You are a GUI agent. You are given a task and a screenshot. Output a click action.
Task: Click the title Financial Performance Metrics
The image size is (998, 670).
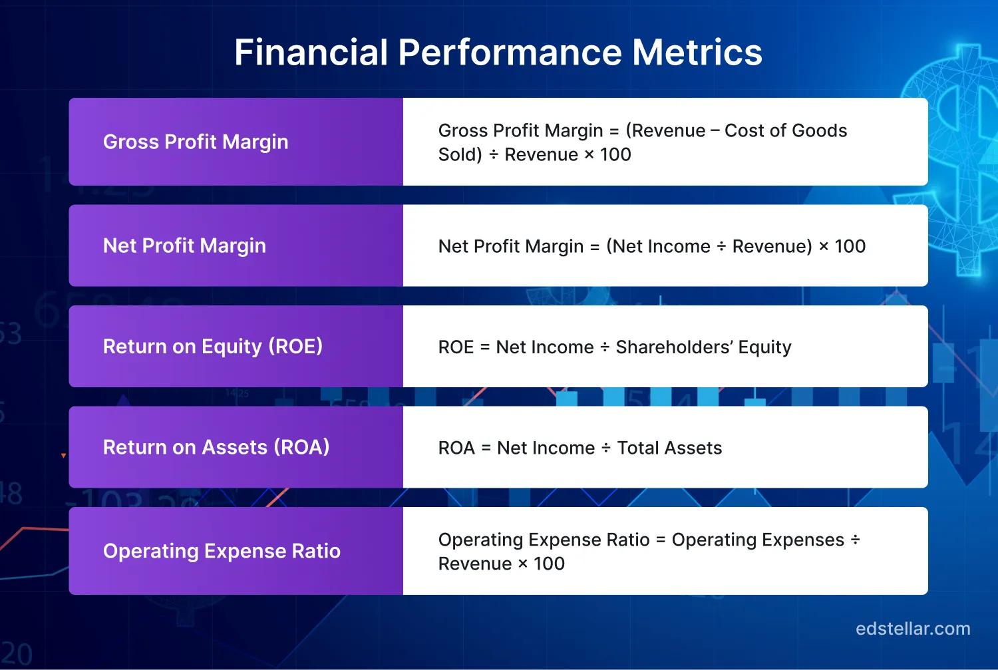tap(498, 53)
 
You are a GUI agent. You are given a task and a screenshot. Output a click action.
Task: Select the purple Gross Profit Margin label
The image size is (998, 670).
tap(196, 142)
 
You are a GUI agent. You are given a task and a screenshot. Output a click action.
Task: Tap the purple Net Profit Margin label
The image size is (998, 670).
tap(184, 246)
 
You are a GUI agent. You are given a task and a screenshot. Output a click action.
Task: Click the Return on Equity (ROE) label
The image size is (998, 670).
tap(213, 347)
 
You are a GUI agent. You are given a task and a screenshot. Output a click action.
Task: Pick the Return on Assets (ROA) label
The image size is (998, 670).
tap(216, 447)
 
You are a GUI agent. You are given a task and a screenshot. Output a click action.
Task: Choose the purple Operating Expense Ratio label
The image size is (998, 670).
tap(222, 551)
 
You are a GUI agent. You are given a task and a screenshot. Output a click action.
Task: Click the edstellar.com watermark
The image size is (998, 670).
tap(913, 629)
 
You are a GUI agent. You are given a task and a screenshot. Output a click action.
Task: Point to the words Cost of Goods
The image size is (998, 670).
tap(785, 130)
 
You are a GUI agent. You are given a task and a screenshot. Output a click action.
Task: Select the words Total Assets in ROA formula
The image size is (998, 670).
tap(669, 448)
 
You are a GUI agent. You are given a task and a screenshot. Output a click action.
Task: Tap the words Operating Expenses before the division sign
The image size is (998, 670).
tap(758, 540)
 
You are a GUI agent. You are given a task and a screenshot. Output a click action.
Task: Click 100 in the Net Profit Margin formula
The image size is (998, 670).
tap(850, 246)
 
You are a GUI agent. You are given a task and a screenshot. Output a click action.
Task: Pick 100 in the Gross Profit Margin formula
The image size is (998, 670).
tap(615, 154)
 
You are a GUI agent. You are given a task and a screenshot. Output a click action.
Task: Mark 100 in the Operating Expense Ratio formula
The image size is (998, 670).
tap(549, 564)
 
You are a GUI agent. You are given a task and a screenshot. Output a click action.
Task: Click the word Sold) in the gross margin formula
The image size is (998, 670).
tap(460, 154)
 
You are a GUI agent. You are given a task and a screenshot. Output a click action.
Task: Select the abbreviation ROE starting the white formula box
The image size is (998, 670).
tap(456, 347)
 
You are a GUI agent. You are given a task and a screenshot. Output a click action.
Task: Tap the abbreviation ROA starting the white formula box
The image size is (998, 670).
tap(456, 448)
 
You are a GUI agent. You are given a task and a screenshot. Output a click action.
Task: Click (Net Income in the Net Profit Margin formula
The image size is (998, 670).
tap(658, 246)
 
